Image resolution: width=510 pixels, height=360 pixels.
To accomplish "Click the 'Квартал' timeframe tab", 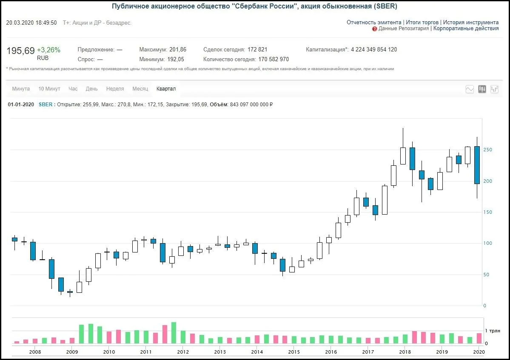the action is tap(166, 89).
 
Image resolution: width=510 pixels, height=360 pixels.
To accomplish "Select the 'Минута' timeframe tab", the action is tap(21, 89).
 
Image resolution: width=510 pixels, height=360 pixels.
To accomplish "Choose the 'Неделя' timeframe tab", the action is tap(115, 89).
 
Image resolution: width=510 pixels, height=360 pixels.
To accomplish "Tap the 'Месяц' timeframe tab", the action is tap(140, 89).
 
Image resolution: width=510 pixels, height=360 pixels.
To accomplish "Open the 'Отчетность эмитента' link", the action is tap(374, 23).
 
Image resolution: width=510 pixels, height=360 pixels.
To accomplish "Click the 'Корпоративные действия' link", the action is tap(466, 28).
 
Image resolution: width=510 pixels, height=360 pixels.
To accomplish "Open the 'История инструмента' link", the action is tap(470, 23).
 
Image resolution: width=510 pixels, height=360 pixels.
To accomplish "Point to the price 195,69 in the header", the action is tap(20, 51).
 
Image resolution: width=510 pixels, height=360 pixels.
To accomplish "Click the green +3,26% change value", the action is tap(48, 50).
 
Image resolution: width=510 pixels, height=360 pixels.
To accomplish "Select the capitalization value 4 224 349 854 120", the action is tap(374, 49).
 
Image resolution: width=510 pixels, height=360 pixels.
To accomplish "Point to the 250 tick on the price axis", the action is tap(487, 150).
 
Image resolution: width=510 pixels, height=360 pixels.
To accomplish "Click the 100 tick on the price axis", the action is tap(487, 243).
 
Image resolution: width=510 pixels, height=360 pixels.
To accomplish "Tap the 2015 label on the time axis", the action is tap(294, 352).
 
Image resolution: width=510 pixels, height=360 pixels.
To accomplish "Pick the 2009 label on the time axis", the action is tap(72, 352).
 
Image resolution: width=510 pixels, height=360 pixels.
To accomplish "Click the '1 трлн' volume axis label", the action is tap(493, 331).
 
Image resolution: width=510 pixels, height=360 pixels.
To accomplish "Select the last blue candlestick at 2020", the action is tap(477, 165).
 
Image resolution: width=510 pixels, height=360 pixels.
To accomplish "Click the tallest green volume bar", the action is tap(174, 333).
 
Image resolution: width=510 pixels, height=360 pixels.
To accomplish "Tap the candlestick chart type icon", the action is tap(482, 89).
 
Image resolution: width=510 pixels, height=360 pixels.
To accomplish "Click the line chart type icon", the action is tap(470, 89).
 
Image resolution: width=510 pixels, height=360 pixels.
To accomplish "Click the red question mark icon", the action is tap(374, 29).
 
